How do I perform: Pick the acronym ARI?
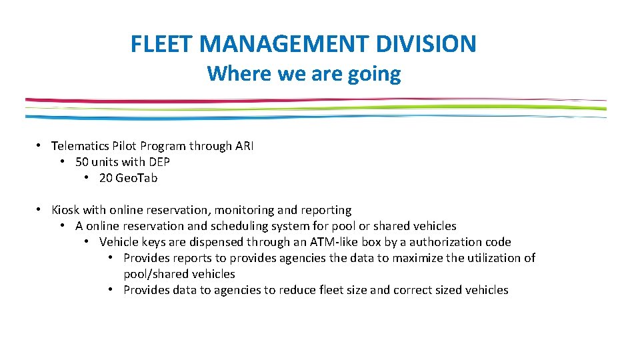244,146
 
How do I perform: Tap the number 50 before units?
83,162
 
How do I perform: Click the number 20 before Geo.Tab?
106,178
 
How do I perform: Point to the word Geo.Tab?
137,178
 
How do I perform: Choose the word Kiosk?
65,210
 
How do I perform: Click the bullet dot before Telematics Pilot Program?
40,145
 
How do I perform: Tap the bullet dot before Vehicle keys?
88,241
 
